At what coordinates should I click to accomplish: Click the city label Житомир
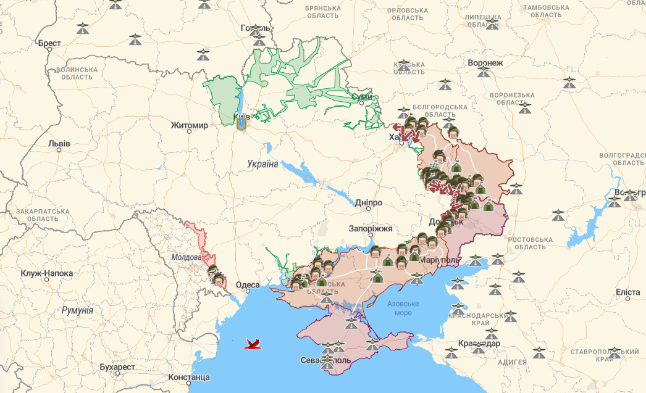click(190, 126)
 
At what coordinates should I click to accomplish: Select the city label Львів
click(59, 144)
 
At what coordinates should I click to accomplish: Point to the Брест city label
click(49, 44)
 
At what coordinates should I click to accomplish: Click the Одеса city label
click(248, 285)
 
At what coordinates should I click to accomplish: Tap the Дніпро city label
click(369, 202)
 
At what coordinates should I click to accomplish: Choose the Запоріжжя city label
click(371, 228)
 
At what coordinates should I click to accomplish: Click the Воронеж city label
click(485, 63)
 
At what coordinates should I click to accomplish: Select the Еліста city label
click(627, 291)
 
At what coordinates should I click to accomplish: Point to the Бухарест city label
click(117, 367)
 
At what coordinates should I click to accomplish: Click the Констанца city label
click(189, 377)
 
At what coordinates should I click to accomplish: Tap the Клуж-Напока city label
click(47, 273)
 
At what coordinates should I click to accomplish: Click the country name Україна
click(262, 164)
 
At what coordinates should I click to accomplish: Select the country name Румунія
click(77, 310)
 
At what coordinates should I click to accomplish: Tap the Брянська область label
click(332, 12)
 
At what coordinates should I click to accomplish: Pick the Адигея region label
click(511, 362)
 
